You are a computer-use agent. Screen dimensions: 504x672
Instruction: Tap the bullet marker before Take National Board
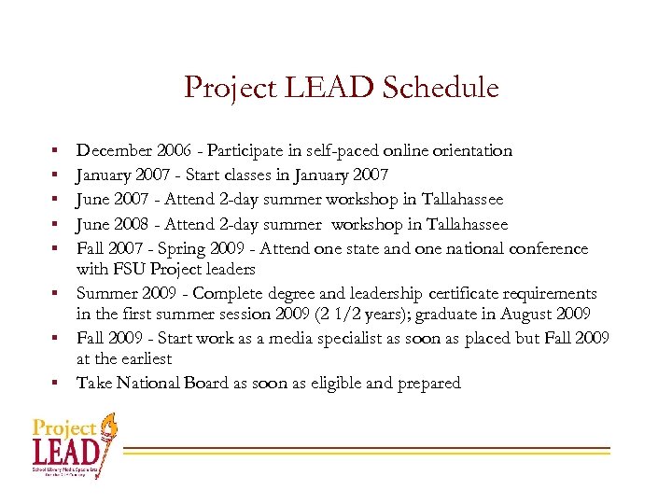(56, 383)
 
